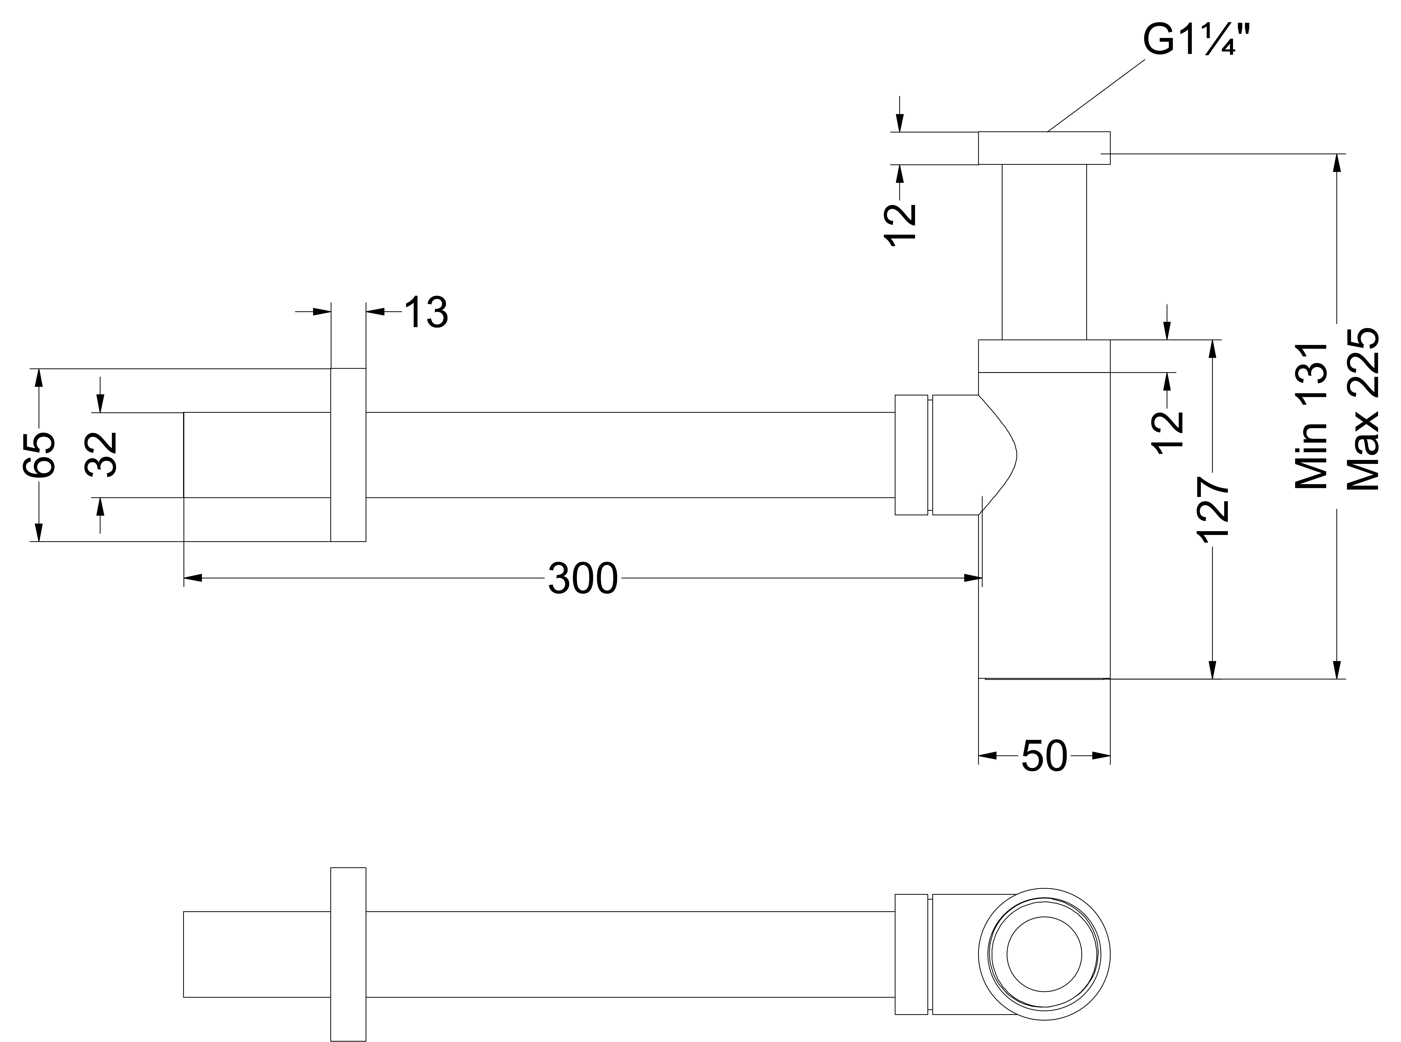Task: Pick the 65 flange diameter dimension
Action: pos(39,454)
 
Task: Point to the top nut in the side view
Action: pos(1043,148)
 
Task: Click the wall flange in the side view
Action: pos(348,454)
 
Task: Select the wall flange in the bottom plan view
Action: pos(348,954)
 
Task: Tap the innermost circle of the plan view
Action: pos(1044,954)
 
